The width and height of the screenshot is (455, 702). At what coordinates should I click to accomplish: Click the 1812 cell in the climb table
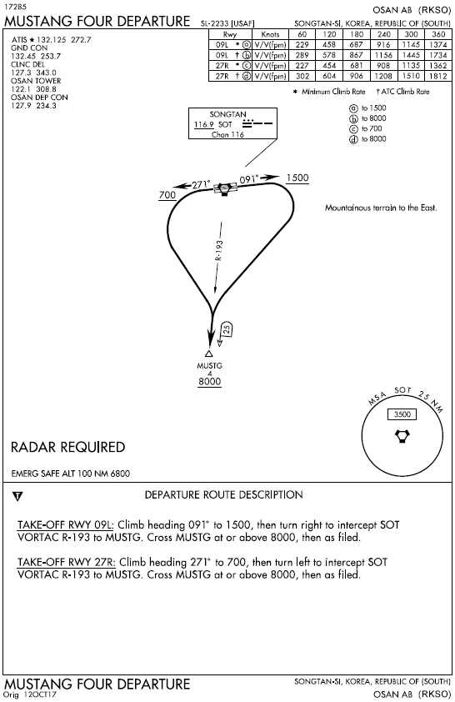[438, 76]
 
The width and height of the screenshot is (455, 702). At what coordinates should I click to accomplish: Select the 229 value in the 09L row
[302, 45]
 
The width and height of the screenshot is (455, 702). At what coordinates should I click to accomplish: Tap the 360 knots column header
[438, 34]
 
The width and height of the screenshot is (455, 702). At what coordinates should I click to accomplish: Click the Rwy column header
[230, 34]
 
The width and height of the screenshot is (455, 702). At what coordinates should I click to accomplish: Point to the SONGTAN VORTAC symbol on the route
[225, 189]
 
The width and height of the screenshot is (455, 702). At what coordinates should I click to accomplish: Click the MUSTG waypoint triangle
[208, 354]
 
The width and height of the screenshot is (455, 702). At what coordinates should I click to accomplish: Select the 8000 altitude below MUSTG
[209, 382]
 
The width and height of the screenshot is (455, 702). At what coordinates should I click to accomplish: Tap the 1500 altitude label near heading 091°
[297, 178]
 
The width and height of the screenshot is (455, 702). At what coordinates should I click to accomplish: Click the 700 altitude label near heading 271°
[167, 195]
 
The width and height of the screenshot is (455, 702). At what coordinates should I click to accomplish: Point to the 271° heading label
[201, 184]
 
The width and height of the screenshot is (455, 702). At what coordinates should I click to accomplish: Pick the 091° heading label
[249, 179]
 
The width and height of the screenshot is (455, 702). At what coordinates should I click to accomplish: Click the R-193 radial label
[219, 251]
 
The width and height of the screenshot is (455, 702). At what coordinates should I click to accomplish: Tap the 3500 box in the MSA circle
[402, 414]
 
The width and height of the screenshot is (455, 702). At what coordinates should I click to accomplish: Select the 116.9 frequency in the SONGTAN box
[204, 124]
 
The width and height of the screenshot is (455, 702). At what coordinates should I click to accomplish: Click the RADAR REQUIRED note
[68, 447]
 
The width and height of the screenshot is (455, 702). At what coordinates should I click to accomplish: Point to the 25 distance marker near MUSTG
[227, 329]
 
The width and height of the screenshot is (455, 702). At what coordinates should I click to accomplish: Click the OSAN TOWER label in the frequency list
[36, 81]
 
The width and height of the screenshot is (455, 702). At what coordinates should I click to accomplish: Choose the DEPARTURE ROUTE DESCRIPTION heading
[223, 494]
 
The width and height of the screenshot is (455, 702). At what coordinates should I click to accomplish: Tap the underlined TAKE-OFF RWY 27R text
[66, 562]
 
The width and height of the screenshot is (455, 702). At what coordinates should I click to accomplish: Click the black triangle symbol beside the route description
[17, 496]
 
